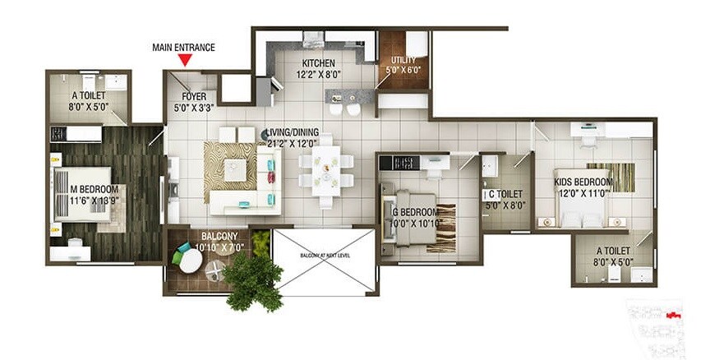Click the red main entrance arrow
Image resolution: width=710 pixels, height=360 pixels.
(x=185, y=59)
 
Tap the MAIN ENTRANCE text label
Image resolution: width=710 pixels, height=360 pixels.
(x=184, y=47)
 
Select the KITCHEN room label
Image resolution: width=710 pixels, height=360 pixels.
(x=319, y=63)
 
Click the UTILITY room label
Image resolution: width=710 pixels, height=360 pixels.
(x=403, y=60)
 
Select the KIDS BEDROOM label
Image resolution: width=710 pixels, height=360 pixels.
(x=583, y=182)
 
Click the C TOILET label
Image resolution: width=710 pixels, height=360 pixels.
(x=503, y=194)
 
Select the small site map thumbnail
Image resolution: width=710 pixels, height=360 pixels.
(x=663, y=320)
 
